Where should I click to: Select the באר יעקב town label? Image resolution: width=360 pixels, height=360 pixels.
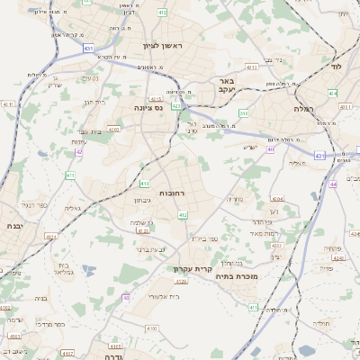(226, 85)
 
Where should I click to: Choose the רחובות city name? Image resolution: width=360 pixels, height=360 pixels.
(172, 193)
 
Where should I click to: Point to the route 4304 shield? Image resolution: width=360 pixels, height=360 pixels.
(276, 198)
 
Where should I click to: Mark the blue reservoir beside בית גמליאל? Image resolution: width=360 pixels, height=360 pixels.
(88, 268)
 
